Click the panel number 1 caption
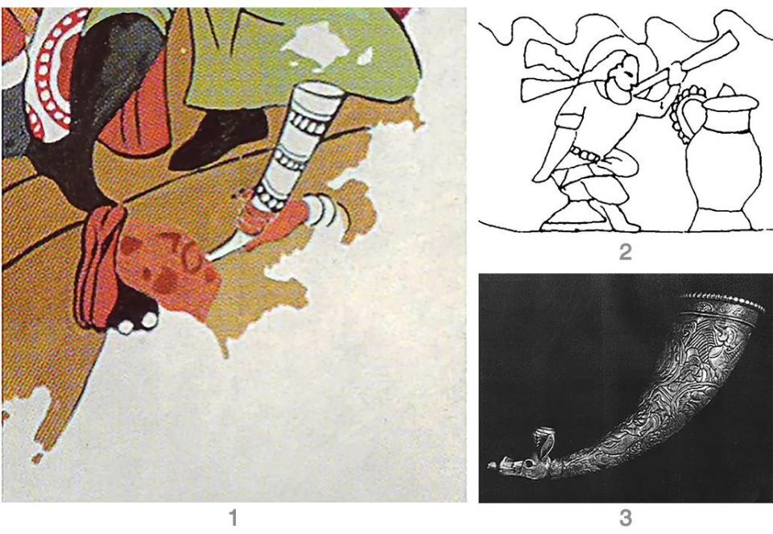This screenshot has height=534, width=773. tap(233, 518)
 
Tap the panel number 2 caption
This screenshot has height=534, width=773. tap(625, 252)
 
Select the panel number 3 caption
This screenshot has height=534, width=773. tap(625, 518)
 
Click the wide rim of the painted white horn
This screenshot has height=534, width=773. tap(321, 90)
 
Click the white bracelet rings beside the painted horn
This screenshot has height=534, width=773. tap(320, 210)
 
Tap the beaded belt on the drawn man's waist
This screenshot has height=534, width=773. tap(585, 155)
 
